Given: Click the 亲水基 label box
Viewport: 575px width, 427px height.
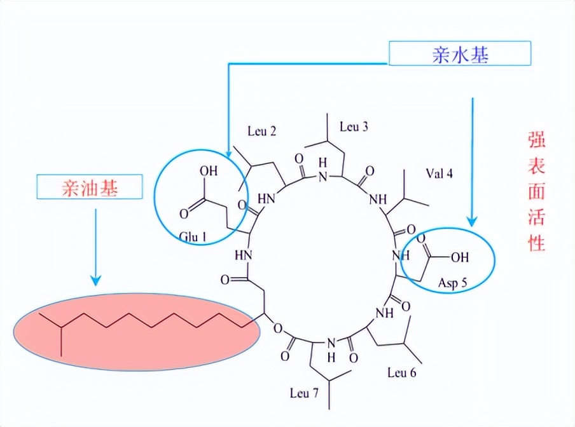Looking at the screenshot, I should point(459,55).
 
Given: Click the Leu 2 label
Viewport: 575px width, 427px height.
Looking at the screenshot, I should point(261,132).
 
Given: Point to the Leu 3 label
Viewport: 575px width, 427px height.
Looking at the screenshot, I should point(354,126).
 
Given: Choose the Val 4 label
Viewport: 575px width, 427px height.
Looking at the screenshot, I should point(439,173).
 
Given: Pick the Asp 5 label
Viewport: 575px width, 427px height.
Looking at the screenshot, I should point(452,281).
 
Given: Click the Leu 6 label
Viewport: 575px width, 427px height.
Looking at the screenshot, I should point(402,372).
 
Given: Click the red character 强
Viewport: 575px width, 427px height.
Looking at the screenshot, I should point(536,139).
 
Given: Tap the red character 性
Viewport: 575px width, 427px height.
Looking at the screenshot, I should point(536,243).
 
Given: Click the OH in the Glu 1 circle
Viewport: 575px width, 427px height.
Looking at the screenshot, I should point(209,172).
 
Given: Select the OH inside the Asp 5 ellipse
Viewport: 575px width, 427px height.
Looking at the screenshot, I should point(459,257).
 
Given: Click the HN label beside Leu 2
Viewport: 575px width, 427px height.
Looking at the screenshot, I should point(269,198).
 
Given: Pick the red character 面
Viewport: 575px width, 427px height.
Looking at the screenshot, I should point(536,191).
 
